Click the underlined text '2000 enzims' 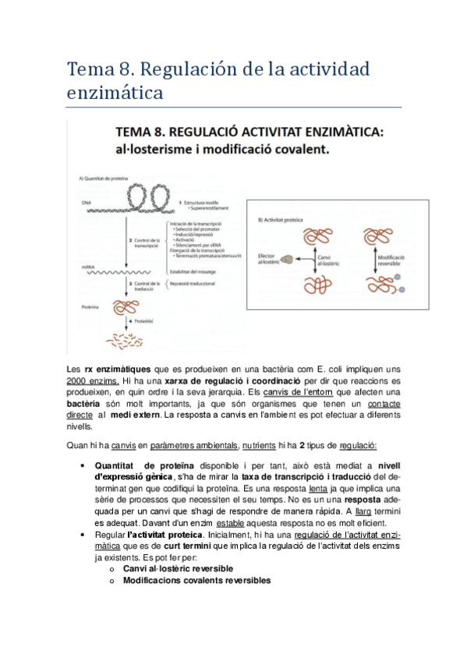click(94, 380)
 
